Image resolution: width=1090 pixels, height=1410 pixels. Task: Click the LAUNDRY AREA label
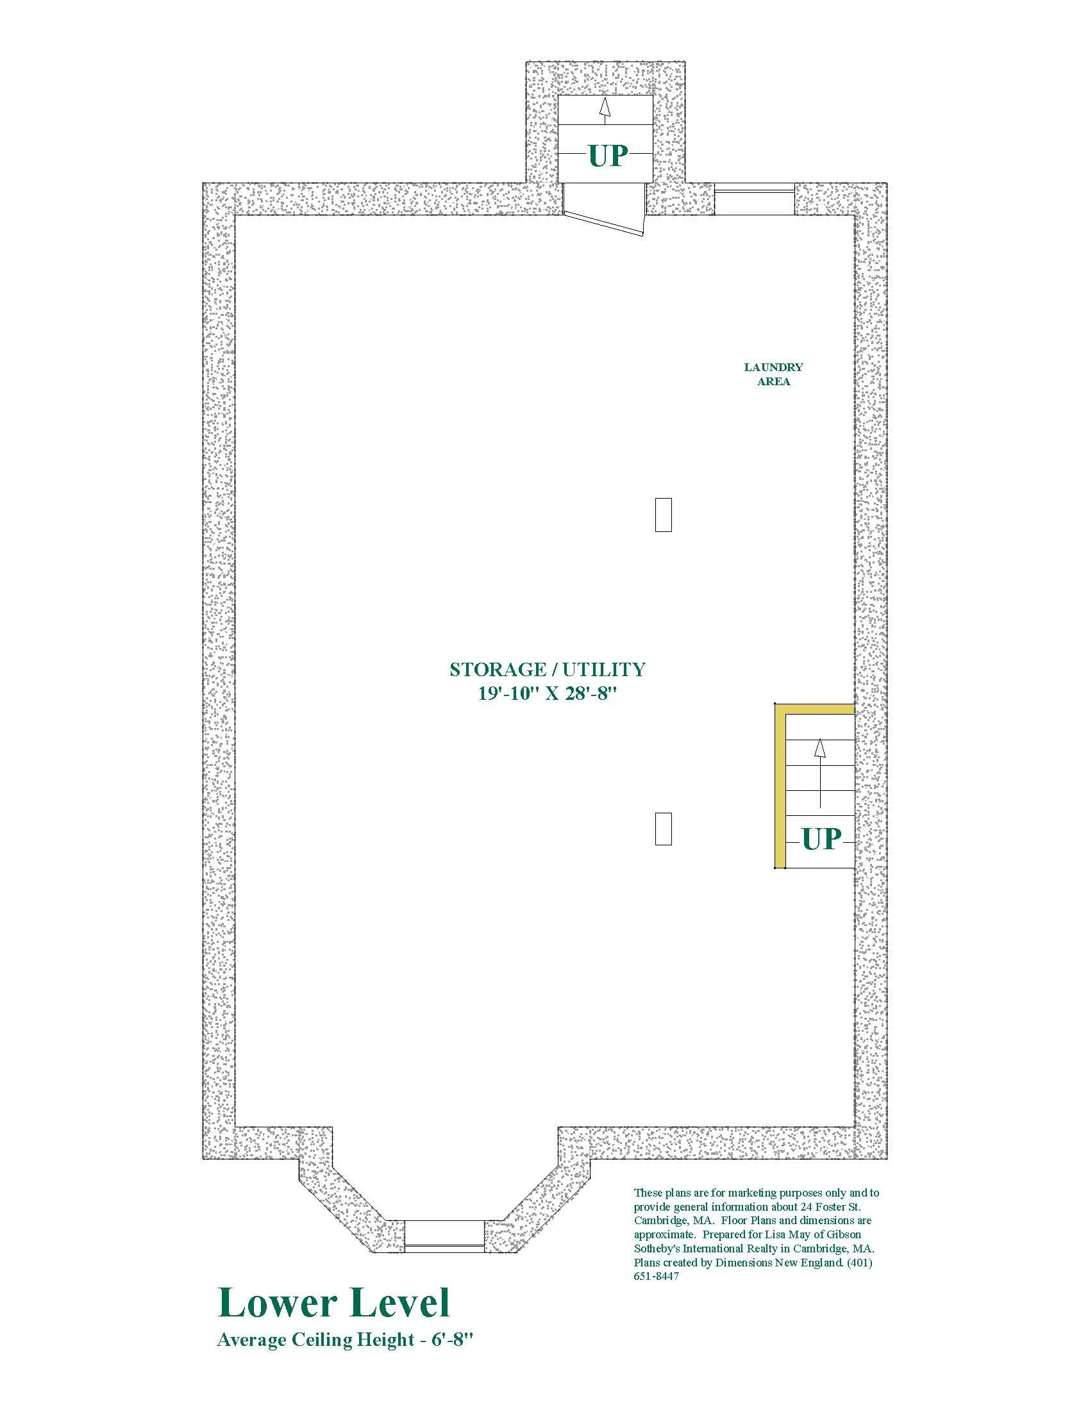click(774, 374)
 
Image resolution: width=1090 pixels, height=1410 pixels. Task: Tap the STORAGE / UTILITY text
click(548, 670)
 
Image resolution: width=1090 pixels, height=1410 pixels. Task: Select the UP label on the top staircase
click(608, 156)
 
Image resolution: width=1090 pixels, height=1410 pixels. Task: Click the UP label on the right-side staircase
click(821, 840)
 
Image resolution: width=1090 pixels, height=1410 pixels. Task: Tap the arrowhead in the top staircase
click(605, 107)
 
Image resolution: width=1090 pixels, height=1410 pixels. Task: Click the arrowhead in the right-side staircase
click(820, 747)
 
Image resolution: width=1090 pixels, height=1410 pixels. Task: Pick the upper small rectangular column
click(663, 515)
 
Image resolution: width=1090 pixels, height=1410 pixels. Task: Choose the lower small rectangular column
click(663, 828)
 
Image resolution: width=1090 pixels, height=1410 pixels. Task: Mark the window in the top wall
click(754, 199)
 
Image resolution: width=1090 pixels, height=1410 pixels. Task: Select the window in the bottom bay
click(444, 1236)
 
